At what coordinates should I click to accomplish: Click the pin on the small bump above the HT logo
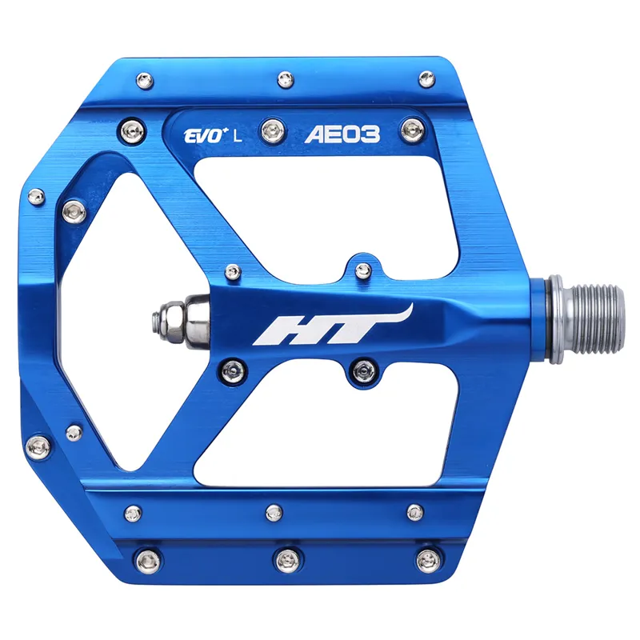click(x=362, y=269)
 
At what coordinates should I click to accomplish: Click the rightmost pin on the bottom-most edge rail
click(x=430, y=558)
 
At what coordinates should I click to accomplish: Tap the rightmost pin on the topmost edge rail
click(x=426, y=78)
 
